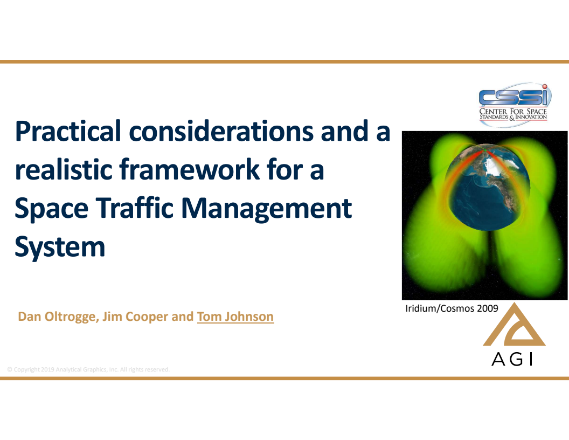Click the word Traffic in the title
coord(126,208)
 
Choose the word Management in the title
coord(268,209)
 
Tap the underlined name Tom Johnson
coord(235,317)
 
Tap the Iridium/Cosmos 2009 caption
coord(452,308)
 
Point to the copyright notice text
coord(88,369)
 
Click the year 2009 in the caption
coord(487,308)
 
